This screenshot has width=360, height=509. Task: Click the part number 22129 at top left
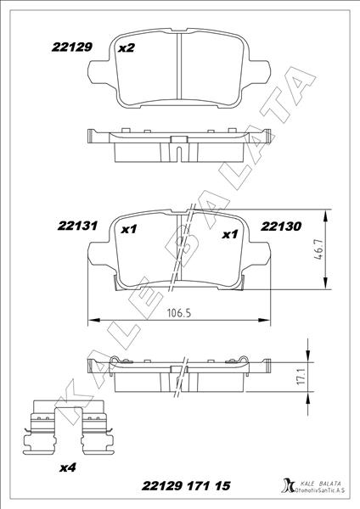(x=72, y=48)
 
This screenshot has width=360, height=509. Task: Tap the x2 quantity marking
(x=127, y=48)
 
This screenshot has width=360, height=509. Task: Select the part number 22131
(x=77, y=226)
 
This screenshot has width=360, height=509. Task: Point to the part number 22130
(x=281, y=227)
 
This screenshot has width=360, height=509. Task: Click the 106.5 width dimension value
(x=178, y=313)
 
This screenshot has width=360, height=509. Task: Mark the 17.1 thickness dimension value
(x=301, y=377)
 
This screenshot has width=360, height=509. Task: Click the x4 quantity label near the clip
(x=68, y=467)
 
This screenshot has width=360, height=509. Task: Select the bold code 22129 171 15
(x=187, y=486)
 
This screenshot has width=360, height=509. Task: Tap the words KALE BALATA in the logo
(x=320, y=484)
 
